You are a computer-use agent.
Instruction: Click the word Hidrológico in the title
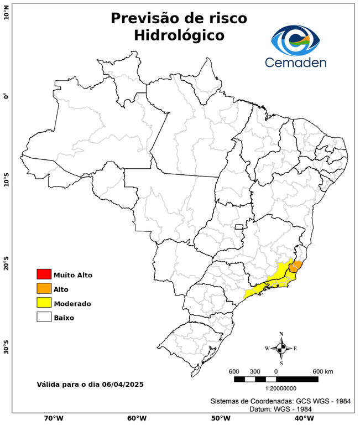click(x=179, y=35)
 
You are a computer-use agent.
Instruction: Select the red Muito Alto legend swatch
click(x=44, y=274)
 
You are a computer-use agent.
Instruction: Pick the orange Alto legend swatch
click(x=44, y=288)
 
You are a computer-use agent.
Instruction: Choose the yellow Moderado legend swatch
click(x=44, y=303)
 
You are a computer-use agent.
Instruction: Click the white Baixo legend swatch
click(x=44, y=317)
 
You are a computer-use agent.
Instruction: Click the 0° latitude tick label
click(x=6, y=96)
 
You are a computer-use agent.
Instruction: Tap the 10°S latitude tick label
click(x=6, y=180)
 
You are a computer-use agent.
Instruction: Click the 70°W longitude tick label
click(x=53, y=418)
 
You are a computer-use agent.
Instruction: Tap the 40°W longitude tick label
click(x=302, y=418)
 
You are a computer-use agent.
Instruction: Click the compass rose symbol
click(x=281, y=348)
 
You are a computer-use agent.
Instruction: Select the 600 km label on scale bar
click(x=322, y=371)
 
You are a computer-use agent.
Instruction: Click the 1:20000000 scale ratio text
click(x=283, y=388)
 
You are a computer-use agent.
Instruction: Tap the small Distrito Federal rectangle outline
click(x=239, y=226)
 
